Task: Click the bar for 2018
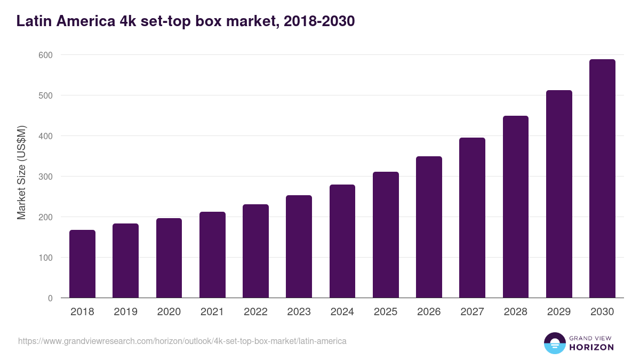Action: click(82, 264)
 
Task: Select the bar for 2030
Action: click(602, 179)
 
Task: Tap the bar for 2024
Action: click(342, 241)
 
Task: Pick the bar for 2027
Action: click(472, 218)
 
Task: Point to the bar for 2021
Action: click(212, 255)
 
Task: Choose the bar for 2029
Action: click(559, 194)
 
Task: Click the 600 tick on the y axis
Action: click(45, 55)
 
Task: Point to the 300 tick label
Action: click(45, 177)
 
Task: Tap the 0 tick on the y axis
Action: click(50, 298)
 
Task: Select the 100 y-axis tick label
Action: click(45, 258)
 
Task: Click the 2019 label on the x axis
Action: click(125, 312)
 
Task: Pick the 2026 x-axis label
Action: click(429, 312)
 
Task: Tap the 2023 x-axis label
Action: click(299, 312)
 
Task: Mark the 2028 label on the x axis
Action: click(515, 312)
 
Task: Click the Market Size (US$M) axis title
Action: click(21, 173)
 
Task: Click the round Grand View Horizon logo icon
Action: click(555, 343)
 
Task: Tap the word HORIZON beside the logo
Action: click(591, 347)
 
